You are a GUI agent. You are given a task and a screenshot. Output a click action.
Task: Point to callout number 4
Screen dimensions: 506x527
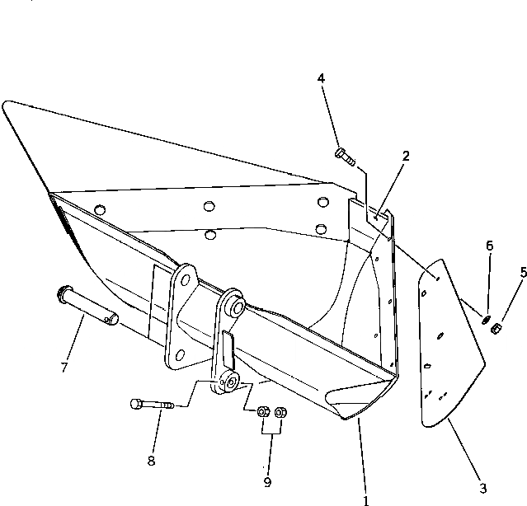tap(322, 78)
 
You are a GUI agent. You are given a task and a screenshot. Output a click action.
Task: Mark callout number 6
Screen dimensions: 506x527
tap(490, 246)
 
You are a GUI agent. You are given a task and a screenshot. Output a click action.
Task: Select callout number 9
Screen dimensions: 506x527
tap(266, 482)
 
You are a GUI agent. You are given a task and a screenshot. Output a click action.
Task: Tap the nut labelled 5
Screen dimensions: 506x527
tap(496, 329)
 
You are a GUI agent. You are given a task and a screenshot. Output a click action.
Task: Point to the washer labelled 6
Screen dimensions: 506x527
tap(487, 318)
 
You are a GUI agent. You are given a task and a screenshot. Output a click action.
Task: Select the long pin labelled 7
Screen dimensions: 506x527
tap(89, 303)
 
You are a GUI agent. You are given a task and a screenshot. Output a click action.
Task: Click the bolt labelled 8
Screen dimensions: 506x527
tap(152, 404)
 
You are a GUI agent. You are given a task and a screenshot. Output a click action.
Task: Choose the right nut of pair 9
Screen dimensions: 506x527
tap(280, 411)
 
